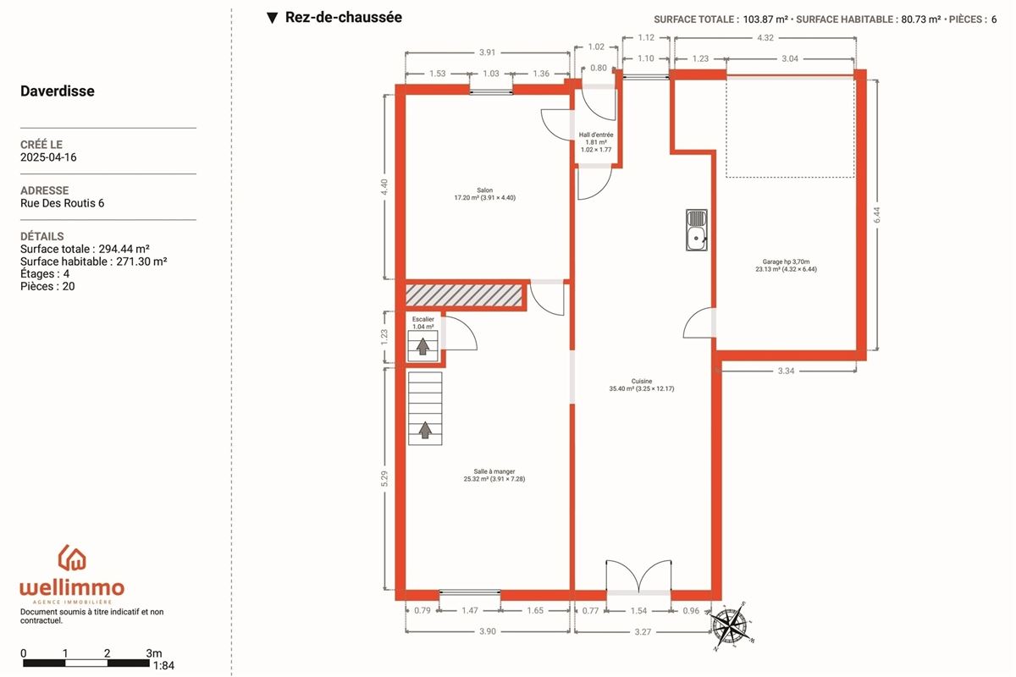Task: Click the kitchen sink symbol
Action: click(x=696, y=230)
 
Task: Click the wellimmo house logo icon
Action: click(x=72, y=558)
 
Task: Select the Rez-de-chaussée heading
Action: click(x=344, y=17)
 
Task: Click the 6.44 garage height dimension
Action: click(x=877, y=215)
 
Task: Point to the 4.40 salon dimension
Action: click(x=384, y=187)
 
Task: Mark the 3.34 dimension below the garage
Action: click(x=786, y=371)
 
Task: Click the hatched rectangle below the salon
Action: click(x=464, y=295)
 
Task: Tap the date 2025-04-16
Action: click(x=48, y=157)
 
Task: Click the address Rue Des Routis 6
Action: click(x=62, y=203)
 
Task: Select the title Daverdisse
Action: click(x=58, y=91)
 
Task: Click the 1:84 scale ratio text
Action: click(x=163, y=666)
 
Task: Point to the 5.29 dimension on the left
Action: click(x=384, y=478)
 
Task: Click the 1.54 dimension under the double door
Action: click(x=638, y=611)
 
